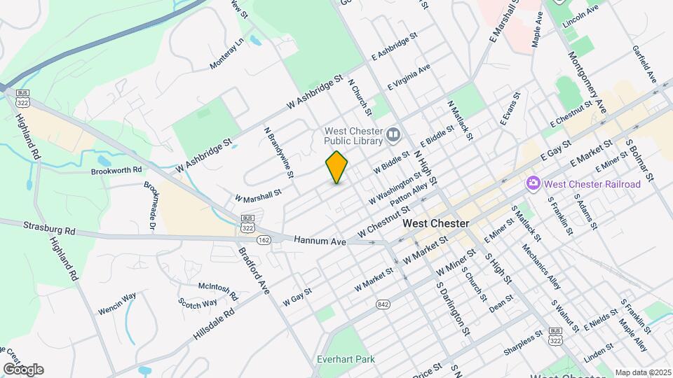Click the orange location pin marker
tap(336, 167)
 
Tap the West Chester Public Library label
tap(353, 136)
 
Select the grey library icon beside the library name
tap(393, 132)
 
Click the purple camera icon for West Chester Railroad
tap(533, 183)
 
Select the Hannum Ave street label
tap(320, 241)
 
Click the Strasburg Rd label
tap(49, 228)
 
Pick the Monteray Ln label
tap(227, 53)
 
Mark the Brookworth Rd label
tap(116, 170)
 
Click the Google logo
tap(22, 369)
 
